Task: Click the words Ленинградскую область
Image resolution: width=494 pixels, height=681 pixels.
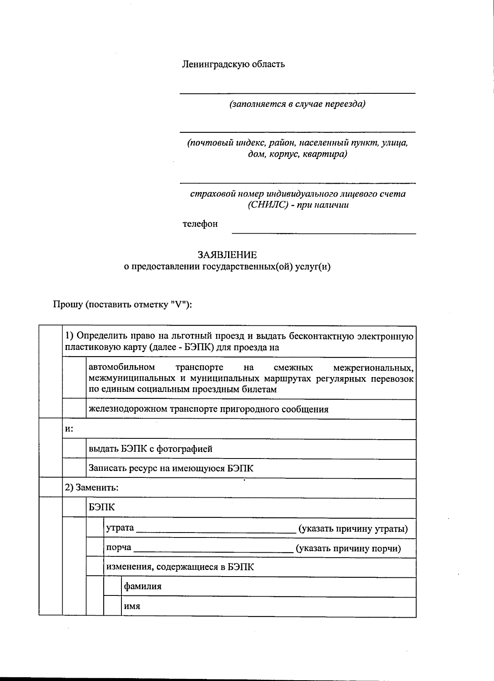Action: pyautogui.click(x=233, y=64)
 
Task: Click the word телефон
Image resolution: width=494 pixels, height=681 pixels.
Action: pyautogui.click(x=200, y=224)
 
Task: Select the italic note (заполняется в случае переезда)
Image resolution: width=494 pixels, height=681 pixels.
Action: pyautogui.click(x=297, y=104)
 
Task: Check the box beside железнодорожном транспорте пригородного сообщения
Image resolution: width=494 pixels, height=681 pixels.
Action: pyautogui.click(x=74, y=409)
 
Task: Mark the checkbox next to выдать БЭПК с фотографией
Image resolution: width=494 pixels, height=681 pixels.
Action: pyautogui.click(x=74, y=449)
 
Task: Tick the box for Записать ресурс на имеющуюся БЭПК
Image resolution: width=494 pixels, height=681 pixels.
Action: pyautogui.click(x=74, y=468)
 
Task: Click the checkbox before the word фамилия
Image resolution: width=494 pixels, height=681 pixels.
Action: pyautogui.click(x=112, y=587)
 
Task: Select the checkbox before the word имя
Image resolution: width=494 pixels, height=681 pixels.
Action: pyautogui.click(x=112, y=606)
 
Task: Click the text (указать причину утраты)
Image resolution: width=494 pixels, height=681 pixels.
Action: pyautogui.click(x=353, y=528)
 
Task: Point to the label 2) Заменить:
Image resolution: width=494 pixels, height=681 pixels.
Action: pyautogui.click(x=92, y=488)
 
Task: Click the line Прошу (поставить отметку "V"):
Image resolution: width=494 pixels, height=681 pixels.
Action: pyautogui.click(x=123, y=305)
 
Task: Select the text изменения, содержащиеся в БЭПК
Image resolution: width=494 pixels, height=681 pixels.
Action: pyautogui.click(x=180, y=567)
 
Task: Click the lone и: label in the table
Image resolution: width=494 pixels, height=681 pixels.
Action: pyautogui.click(x=69, y=429)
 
